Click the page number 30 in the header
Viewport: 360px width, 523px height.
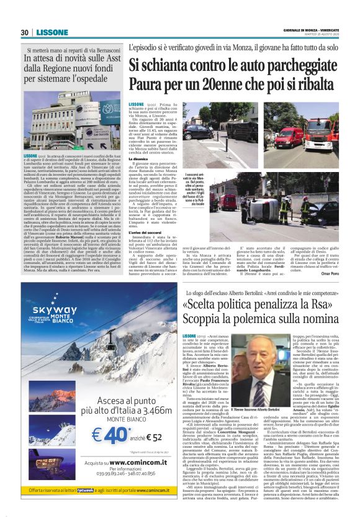pos(24,32)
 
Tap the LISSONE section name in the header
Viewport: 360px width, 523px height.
pos(49,32)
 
